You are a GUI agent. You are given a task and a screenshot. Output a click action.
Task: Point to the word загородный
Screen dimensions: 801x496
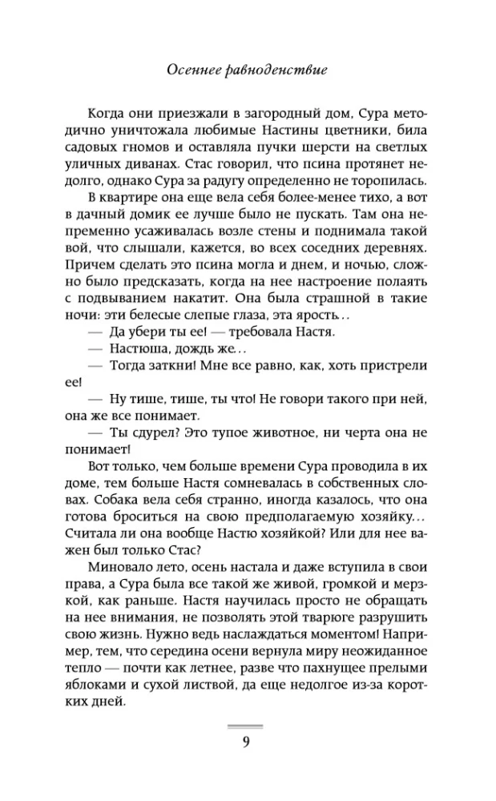pos(276,113)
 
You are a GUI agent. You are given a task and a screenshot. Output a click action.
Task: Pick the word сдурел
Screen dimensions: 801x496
pos(150,437)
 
